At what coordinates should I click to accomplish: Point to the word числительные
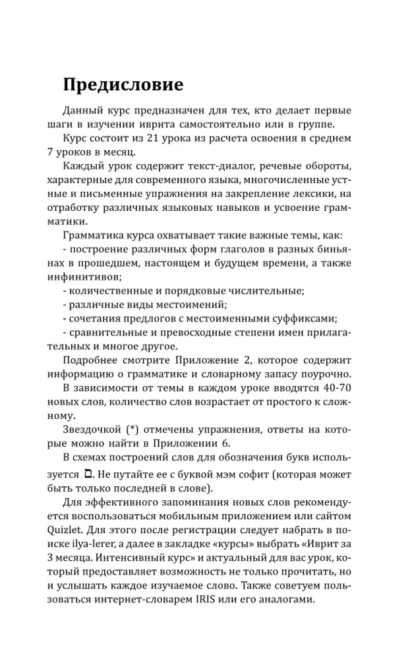(x=270, y=291)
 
